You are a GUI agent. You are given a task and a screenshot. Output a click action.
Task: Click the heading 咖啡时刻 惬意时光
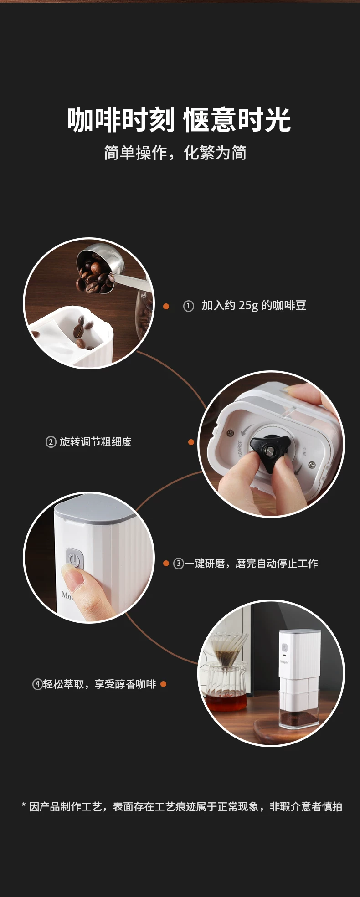point(179,120)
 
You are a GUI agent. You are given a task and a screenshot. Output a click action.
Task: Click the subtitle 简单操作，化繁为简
point(175,153)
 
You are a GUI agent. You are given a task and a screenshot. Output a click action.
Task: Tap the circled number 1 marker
point(189,306)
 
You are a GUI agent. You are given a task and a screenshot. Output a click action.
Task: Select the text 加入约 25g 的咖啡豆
point(254,306)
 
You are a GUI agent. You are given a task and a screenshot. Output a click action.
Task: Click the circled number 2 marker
point(51,442)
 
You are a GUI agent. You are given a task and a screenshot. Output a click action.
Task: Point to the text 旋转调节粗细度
point(96,442)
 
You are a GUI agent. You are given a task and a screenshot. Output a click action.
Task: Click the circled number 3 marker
point(179,564)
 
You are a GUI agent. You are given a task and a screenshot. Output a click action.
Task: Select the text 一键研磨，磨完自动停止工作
point(251,564)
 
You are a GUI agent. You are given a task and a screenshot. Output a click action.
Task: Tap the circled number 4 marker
point(37,684)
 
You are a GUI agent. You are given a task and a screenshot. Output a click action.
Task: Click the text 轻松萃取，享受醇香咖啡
point(100,684)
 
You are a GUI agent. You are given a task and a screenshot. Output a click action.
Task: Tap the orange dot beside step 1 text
point(166,306)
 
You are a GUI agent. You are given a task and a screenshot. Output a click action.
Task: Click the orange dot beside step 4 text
point(163,684)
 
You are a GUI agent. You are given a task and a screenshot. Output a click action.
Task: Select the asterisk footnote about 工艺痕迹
point(182,806)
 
